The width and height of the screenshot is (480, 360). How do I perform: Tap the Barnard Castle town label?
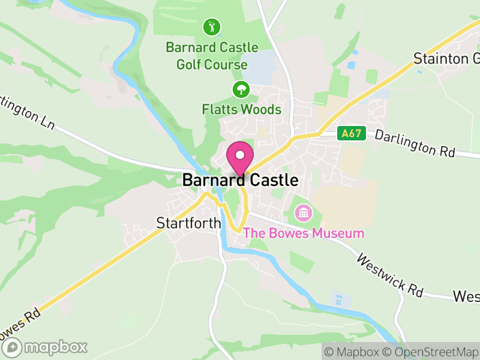tap(240, 180)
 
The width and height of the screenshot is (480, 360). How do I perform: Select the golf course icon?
tap(211, 27)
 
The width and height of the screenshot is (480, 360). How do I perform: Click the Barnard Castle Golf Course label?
tap(212, 56)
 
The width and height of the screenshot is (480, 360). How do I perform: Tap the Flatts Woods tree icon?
tap(241, 90)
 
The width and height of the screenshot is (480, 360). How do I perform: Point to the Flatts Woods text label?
tap(241, 110)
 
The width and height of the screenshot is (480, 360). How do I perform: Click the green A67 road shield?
tap(350, 133)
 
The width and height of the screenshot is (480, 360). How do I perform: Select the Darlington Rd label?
tap(415, 143)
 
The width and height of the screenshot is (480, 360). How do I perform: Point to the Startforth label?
tap(189, 223)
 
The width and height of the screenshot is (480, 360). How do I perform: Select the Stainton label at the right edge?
tap(446, 58)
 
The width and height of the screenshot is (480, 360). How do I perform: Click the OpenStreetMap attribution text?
tap(432, 351)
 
